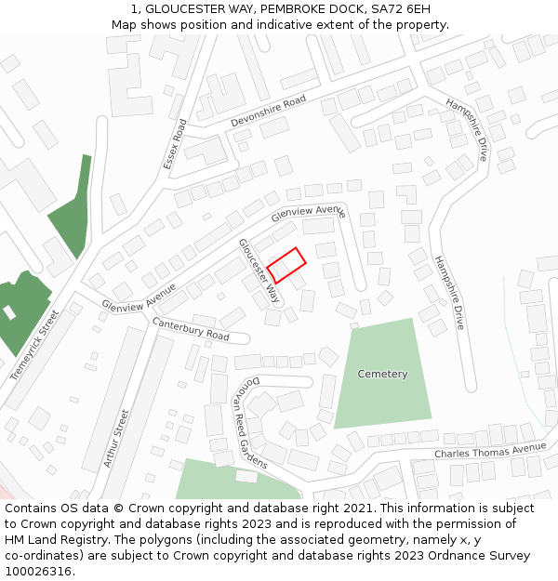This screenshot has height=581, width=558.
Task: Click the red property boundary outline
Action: tap(286, 265)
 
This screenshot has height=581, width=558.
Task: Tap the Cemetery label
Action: tap(382, 374)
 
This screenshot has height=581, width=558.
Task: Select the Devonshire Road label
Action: tap(268, 111)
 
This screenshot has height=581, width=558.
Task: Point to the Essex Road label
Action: tap(175, 144)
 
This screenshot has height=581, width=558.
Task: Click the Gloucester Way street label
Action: tap(259, 271)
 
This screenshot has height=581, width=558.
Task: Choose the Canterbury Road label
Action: tap(191, 328)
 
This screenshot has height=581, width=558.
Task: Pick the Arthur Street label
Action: tap(118, 438)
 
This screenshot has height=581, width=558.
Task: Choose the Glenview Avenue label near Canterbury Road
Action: tap(139, 297)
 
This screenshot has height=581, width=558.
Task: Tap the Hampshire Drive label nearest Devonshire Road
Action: tap(467, 129)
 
